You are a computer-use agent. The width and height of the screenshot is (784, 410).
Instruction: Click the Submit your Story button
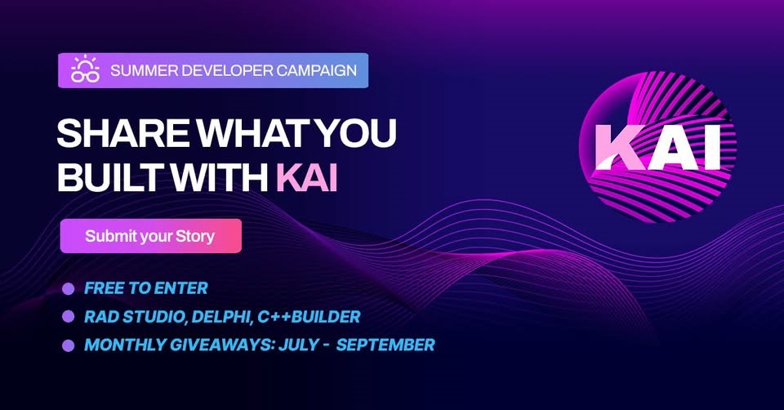[x=151, y=236]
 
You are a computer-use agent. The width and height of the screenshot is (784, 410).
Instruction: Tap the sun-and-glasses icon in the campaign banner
[x=85, y=69]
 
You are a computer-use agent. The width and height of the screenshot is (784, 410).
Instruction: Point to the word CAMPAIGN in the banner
[x=317, y=70]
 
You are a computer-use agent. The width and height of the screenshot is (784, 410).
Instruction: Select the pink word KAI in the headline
[x=307, y=177]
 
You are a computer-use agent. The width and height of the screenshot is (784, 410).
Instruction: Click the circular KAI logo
[x=657, y=147]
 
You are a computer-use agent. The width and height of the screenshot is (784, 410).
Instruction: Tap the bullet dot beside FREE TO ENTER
[x=68, y=289]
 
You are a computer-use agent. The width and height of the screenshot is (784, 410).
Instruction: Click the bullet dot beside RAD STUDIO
[x=68, y=317]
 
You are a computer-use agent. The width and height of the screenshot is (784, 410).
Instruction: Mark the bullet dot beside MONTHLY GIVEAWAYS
[x=68, y=345]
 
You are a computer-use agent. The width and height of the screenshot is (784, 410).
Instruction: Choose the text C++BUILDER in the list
[x=309, y=317]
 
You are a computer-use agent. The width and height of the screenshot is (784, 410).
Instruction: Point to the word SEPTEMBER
[x=385, y=345]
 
